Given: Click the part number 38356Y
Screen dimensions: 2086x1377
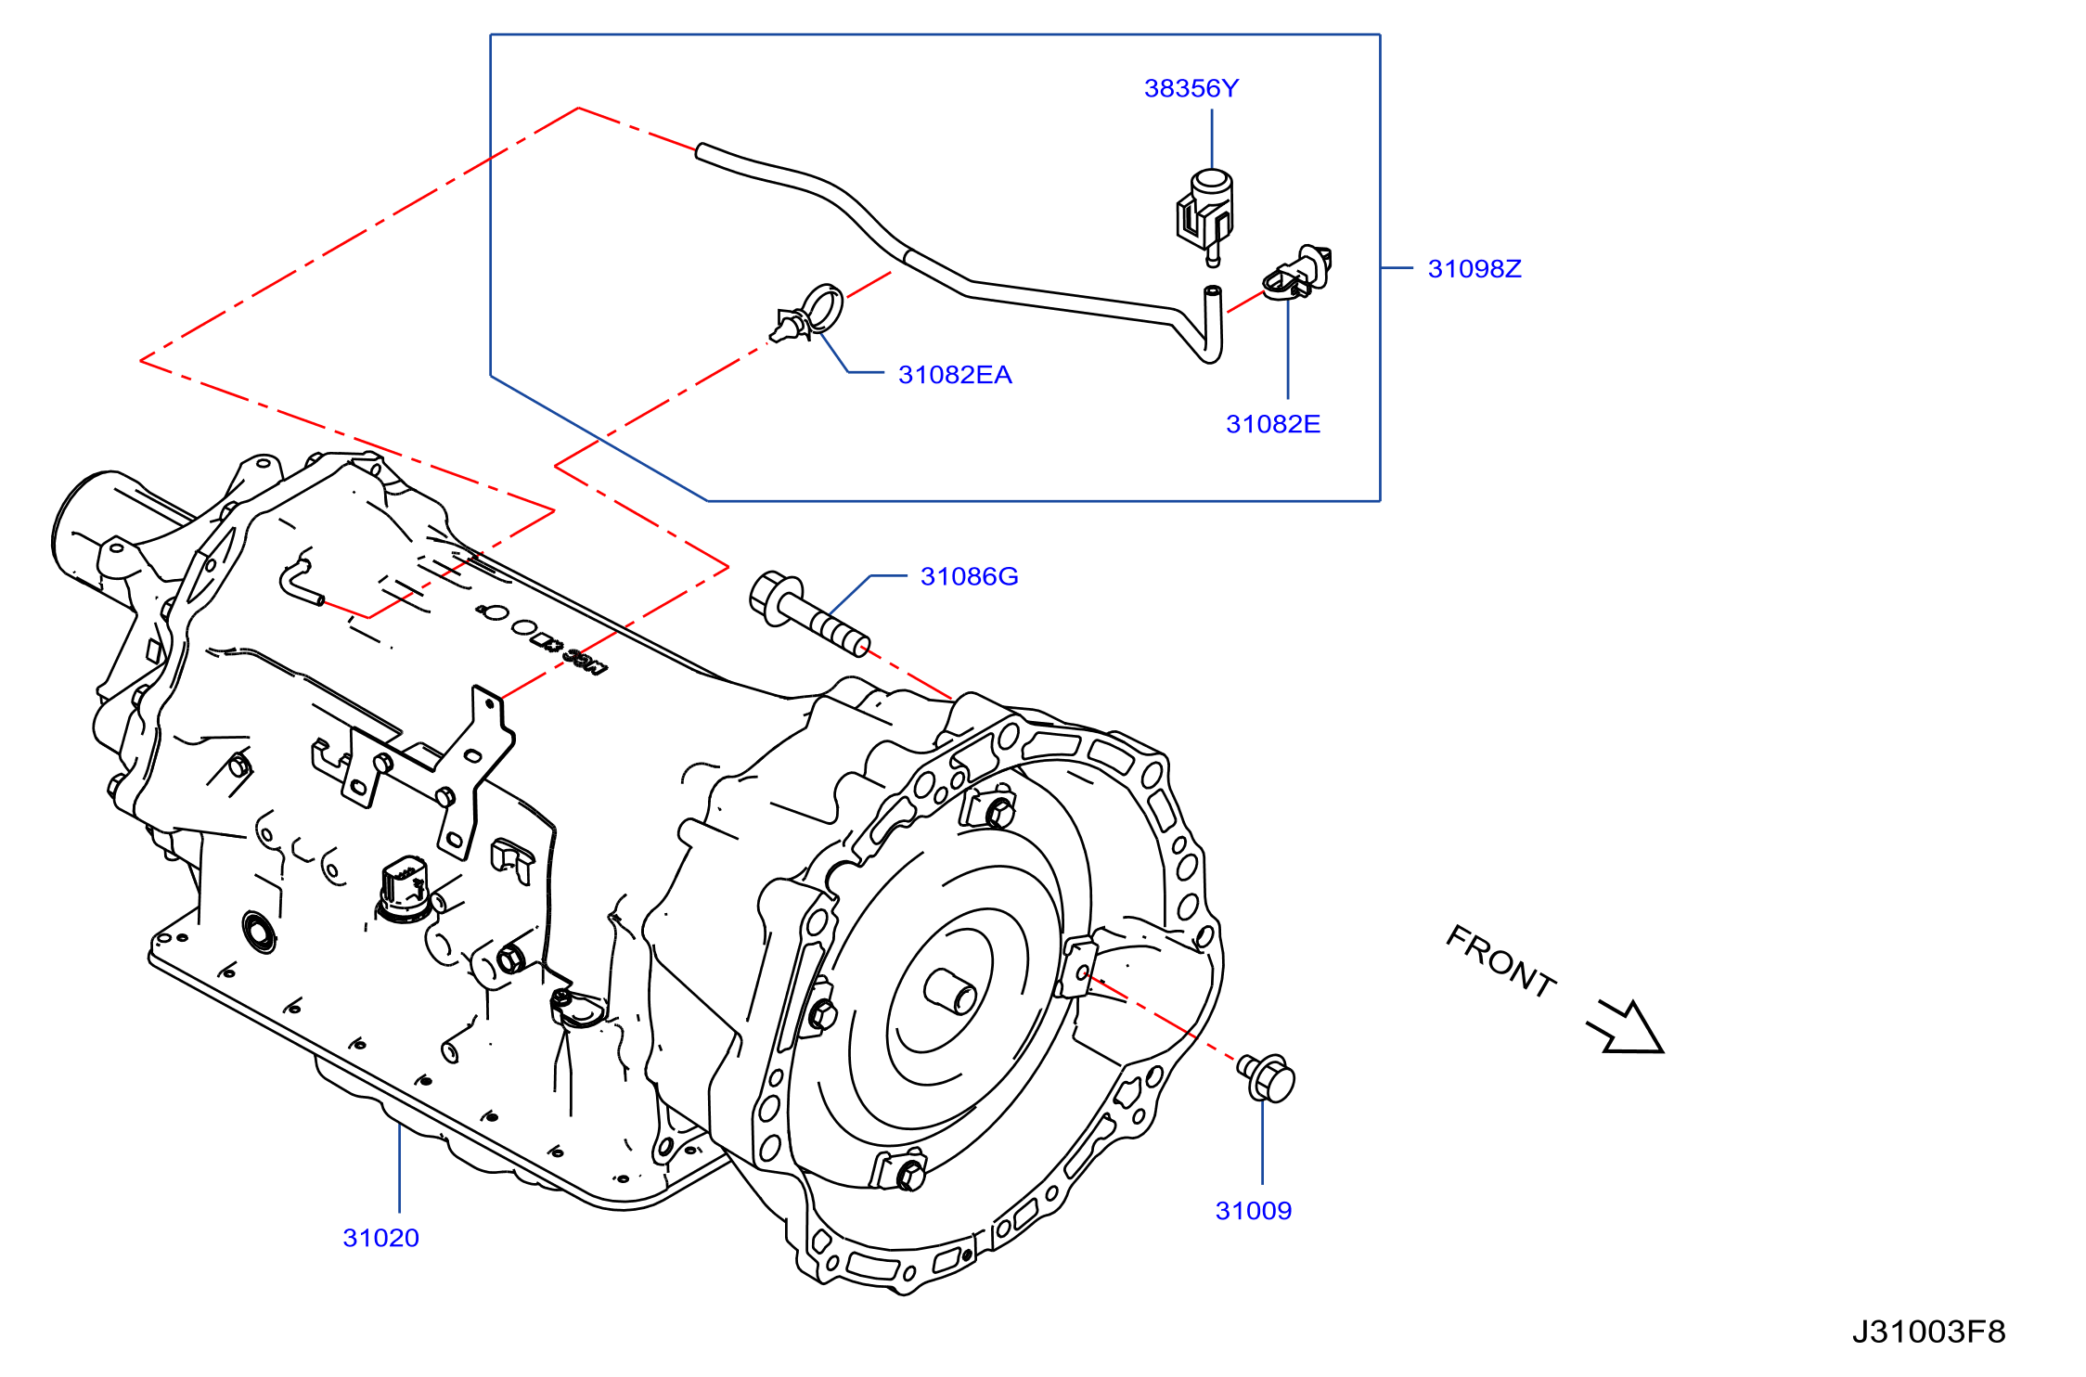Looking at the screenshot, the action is tap(1191, 88).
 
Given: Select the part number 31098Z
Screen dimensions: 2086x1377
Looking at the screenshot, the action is tap(1474, 269).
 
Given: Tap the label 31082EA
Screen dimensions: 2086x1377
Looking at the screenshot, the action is tap(955, 375).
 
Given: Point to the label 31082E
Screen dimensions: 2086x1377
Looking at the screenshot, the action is tap(1273, 424).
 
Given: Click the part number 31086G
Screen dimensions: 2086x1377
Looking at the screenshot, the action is tap(969, 576).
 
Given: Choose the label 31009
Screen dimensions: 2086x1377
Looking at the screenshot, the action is tap(1254, 1211).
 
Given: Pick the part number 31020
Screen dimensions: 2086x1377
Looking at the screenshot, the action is tap(381, 1238).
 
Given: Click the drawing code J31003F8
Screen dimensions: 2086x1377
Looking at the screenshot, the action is tap(1929, 1332).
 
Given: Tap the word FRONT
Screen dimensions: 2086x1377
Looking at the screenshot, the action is tap(1501, 961).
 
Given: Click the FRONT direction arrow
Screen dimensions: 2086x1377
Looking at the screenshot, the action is tap(1627, 1028).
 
